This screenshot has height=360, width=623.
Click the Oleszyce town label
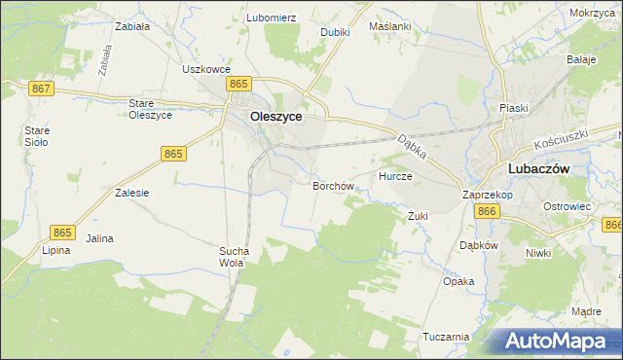coord(275,117)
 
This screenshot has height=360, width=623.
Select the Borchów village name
coord(332,185)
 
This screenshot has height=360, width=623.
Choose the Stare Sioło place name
coord(37,135)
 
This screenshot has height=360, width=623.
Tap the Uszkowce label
coord(205,69)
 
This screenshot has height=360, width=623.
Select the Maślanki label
coord(389,27)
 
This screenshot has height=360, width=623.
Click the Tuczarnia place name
coord(447,337)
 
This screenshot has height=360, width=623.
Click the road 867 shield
coord(41,89)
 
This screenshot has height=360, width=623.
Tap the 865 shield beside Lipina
coord(62,232)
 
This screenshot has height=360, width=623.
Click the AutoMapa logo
coord(556,341)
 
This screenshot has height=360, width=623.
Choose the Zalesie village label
coord(131,193)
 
